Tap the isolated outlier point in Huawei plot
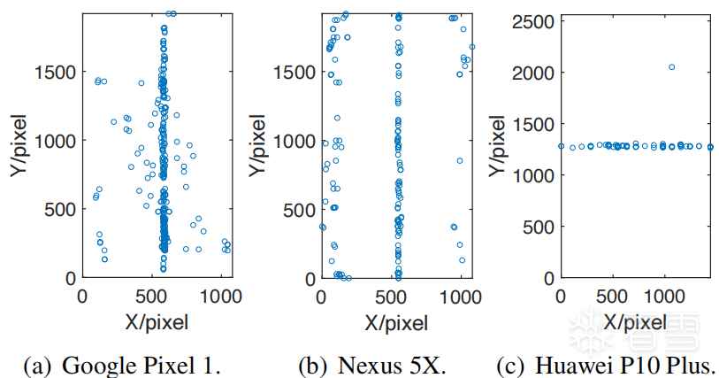(x=672, y=67)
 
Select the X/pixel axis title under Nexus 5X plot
(x=402, y=321)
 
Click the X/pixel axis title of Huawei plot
(x=636, y=321)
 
